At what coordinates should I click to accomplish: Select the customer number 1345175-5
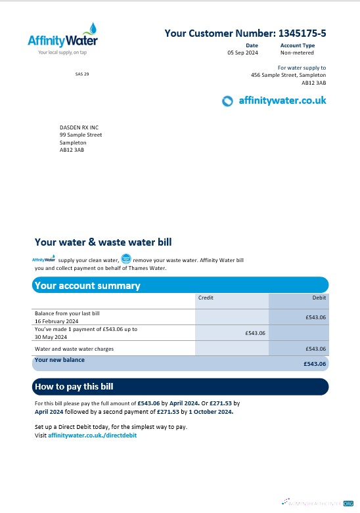302,33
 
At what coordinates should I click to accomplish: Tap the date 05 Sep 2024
242,53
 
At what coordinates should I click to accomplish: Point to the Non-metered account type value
298,53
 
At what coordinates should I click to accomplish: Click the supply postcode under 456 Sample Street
313,83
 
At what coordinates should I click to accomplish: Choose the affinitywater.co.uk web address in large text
282,100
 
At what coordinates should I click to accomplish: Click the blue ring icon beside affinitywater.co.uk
228,100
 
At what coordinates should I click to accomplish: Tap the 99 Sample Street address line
81,135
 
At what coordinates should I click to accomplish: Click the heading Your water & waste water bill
103,242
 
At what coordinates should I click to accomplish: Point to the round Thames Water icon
127,260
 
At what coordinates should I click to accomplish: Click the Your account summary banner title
87,286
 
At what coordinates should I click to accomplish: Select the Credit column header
206,298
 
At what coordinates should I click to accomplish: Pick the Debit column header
319,298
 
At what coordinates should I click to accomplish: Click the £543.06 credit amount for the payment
255,333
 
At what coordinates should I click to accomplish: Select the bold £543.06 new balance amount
315,363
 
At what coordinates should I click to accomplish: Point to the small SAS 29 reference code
82,74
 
